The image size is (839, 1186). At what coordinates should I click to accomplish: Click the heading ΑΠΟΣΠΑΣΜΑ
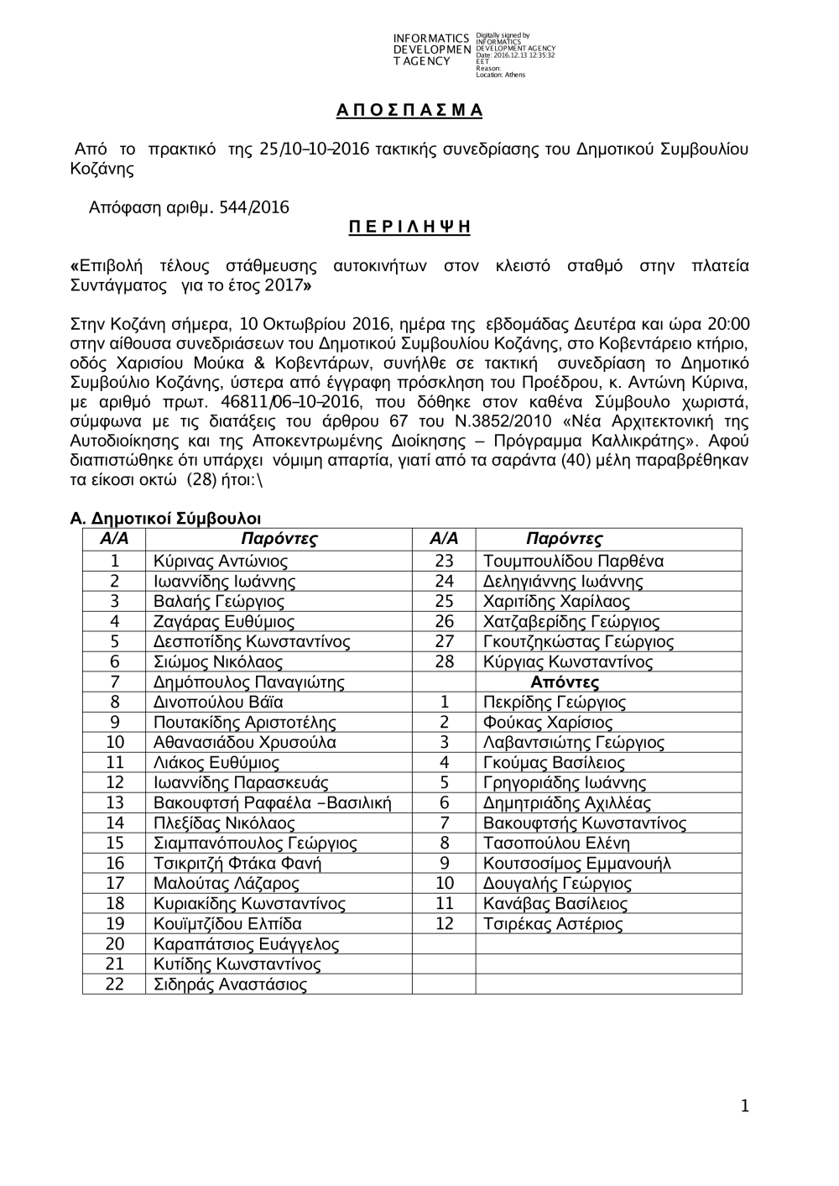pos(409,111)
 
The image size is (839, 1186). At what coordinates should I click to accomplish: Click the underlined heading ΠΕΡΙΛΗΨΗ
pos(409,227)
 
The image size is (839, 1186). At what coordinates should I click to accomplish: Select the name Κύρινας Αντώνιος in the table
pos(221,562)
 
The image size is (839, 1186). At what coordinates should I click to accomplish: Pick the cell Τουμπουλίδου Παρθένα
pos(573,562)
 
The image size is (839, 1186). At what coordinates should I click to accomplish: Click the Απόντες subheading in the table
pos(565,682)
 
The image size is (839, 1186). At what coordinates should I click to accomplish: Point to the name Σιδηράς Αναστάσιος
pos(230,985)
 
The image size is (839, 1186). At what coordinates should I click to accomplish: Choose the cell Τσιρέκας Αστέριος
pos(553,924)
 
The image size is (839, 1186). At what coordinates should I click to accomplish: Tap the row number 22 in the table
pos(115,985)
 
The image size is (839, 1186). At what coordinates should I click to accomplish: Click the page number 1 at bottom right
pos(744,1107)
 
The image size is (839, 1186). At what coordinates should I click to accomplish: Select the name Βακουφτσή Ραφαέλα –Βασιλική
pos(273,803)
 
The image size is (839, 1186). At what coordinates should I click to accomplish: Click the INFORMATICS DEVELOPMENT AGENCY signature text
pos(431,50)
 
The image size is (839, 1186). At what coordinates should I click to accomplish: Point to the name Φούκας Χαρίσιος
pos(548,723)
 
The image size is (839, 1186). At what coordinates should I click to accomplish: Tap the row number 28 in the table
pos(445,662)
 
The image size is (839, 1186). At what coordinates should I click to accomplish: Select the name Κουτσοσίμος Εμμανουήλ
pos(577,864)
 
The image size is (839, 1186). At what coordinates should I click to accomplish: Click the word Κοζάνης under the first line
pos(102,169)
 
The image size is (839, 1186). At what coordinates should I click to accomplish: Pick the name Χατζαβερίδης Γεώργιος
pos(571,622)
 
